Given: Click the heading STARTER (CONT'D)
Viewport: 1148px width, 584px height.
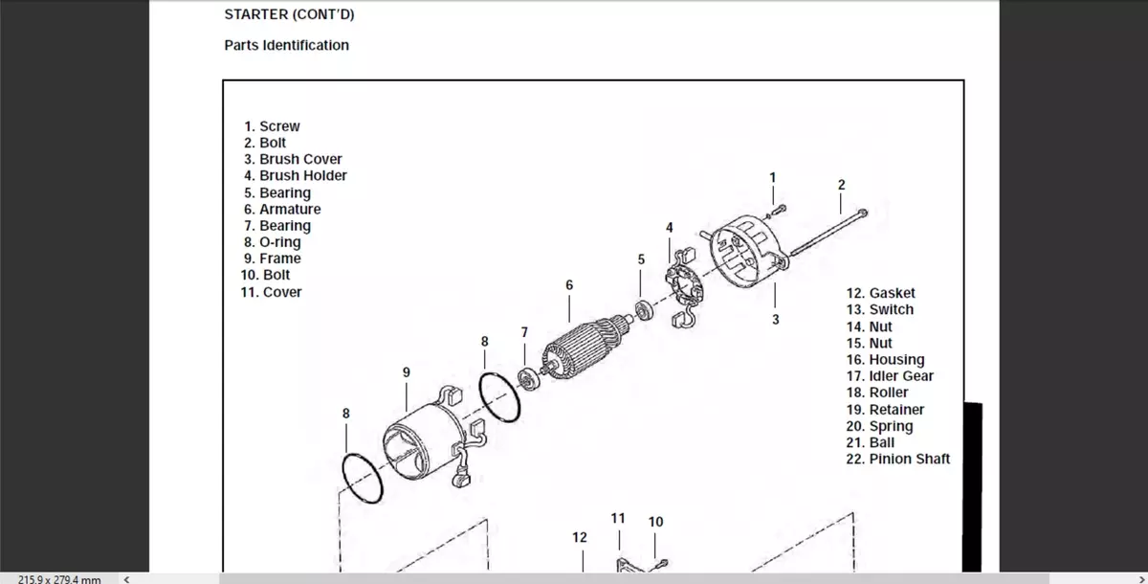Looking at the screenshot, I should pos(281,15).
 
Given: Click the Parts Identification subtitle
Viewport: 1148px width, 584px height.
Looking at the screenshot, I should pos(286,45).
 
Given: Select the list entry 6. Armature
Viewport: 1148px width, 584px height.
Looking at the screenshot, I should pos(282,209).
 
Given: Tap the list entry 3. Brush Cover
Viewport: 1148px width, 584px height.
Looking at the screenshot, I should pos(293,159).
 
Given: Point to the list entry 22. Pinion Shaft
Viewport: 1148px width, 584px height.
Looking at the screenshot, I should pos(898,459).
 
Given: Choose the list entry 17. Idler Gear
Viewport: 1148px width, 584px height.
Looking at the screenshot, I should pos(890,376).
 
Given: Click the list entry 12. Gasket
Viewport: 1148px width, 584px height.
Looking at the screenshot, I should pos(880,293).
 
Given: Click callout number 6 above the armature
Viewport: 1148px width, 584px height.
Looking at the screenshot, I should pos(569,284).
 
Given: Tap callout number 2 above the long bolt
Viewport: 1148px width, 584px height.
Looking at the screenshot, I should pos(841,184).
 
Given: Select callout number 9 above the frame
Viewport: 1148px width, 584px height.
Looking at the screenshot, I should pos(407,371).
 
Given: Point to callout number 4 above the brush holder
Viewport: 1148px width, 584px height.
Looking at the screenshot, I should pos(669,227).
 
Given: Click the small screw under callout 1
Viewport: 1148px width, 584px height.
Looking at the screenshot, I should pos(778,208).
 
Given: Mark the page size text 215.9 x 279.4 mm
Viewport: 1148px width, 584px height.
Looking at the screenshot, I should pos(59,578).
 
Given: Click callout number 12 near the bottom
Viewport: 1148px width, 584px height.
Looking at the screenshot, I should pos(579,537).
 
